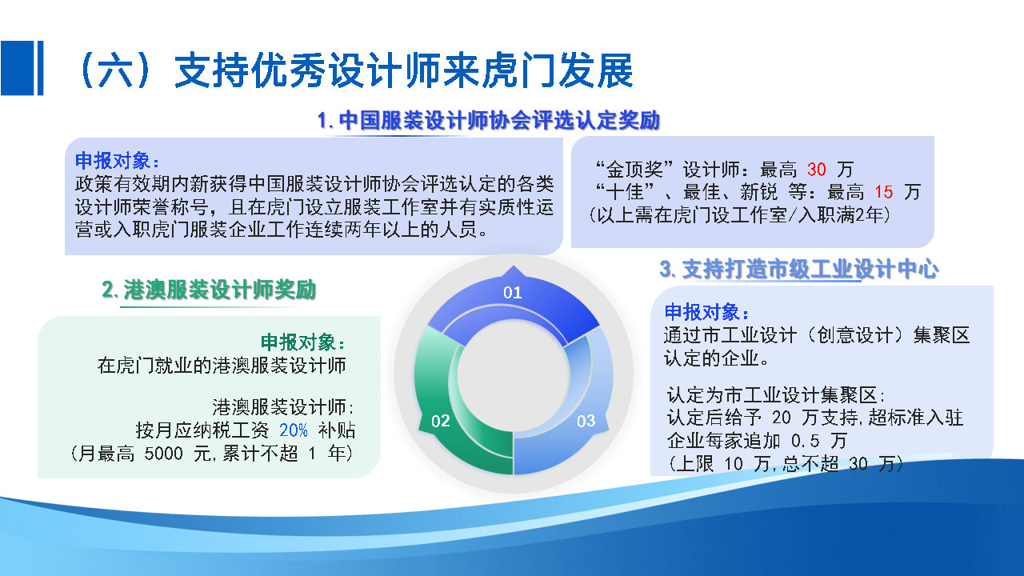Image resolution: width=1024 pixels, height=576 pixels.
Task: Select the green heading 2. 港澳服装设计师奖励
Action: click(209, 290)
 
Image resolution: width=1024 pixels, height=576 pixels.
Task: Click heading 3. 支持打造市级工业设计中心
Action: click(798, 270)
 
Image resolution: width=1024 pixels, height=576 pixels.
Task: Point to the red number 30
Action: click(816, 170)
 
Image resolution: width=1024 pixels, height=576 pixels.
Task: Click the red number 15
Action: click(883, 192)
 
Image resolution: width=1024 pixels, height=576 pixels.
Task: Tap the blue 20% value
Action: click(293, 430)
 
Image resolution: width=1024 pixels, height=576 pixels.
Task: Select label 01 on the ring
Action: click(512, 293)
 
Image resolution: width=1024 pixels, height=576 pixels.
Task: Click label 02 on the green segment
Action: click(441, 421)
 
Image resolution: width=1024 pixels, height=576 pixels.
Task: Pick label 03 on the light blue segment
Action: click(586, 421)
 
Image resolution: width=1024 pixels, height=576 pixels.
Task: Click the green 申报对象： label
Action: click(303, 342)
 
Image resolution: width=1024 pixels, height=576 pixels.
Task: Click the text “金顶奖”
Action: click(639, 170)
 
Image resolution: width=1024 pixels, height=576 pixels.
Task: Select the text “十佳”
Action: click(627, 192)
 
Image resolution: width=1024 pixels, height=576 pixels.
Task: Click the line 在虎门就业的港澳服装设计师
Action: click(222, 366)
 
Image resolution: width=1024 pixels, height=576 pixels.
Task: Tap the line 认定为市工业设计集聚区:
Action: click(775, 395)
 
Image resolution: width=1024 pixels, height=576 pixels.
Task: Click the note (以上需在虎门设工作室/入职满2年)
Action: click(738, 214)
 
